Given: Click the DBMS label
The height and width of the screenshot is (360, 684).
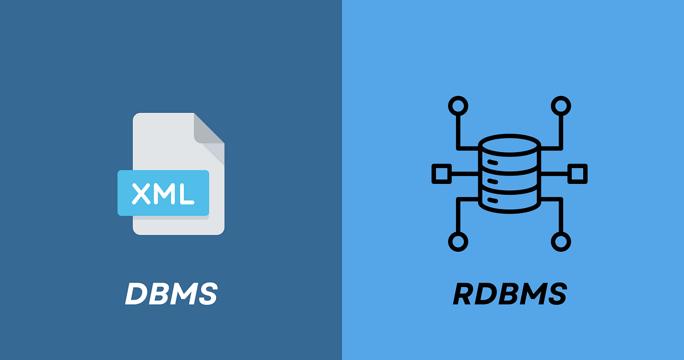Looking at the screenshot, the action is [x=171, y=294].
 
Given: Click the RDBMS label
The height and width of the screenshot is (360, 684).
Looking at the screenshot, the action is [x=510, y=294].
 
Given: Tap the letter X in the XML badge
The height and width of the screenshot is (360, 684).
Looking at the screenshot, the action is [x=142, y=194].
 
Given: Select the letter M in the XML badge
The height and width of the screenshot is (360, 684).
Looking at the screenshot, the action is [x=164, y=194].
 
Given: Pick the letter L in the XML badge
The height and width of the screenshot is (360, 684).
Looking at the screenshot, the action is [x=186, y=194].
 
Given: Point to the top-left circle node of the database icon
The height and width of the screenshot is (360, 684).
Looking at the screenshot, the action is [x=458, y=105].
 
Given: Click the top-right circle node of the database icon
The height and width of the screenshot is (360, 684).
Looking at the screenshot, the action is [x=561, y=105].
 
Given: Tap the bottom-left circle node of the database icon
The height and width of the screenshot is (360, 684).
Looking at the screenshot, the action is [x=458, y=241].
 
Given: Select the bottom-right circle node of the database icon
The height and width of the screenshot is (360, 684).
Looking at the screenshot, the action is [x=561, y=241].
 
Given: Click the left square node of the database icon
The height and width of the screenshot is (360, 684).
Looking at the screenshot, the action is [x=441, y=173].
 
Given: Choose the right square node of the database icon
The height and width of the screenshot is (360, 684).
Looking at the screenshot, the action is [x=577, y=173].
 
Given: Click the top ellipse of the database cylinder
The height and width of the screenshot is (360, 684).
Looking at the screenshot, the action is [x=509, y=145].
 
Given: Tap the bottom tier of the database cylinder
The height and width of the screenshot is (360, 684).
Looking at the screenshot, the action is [x=509, y=199].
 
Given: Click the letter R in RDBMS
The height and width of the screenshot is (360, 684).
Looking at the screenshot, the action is [x=465, y=294].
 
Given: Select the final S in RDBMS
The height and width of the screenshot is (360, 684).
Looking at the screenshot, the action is [x=555, y=294].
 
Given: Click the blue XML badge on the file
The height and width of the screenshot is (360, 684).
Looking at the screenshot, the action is [x=164, y=193].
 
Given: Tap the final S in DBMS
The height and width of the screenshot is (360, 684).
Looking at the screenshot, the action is [x=206, y=294].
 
